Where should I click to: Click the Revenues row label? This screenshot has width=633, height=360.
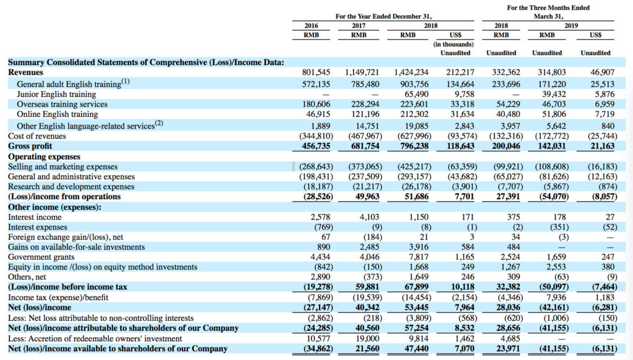[x=25, y=72]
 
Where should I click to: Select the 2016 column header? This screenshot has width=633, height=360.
[x=311, y=25]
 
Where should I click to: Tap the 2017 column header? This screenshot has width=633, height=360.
[x=359, y=25]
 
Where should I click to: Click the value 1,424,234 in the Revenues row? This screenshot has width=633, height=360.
[x=411, y=72]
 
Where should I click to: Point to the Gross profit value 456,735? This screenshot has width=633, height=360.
[x=316, y=146]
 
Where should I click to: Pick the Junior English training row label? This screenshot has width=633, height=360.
[x=56, y=94]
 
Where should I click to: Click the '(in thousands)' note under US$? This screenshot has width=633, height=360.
[x=453, y=44]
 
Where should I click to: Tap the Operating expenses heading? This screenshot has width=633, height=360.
[x=44, y=156]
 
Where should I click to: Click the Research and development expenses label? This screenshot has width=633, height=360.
[x=71, y=187]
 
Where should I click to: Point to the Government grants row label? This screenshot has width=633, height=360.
[x=41, y=257]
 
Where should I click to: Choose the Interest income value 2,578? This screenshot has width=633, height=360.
[x=320, y=217]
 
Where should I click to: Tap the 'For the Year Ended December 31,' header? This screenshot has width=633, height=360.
[x=383, y=16]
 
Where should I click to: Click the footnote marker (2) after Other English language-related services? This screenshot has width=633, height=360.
[x=159, y=123]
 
